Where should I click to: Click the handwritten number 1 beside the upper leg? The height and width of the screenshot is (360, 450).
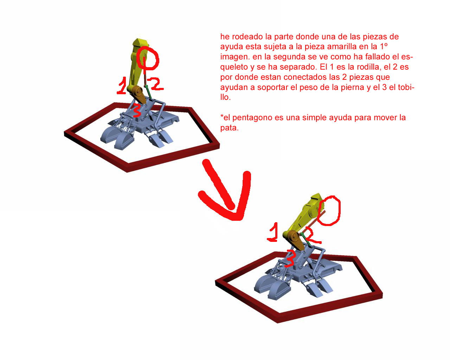click(x=122, y=86)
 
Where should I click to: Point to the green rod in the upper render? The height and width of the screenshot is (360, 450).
click(x=149, y=92)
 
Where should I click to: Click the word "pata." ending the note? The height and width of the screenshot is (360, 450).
click(x=229, y=128)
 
